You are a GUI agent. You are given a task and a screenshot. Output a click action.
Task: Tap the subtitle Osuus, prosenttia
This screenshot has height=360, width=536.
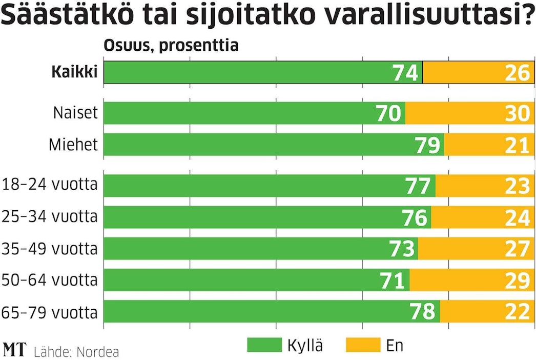click(x=171, y=45)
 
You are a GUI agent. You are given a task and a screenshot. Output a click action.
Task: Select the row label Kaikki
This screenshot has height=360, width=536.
click(x=74, y=72)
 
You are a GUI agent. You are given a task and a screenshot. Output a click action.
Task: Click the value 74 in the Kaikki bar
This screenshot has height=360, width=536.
click(x=405, y=73)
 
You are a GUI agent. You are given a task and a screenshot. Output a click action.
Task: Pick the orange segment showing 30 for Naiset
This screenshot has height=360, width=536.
click(x=470, y=113)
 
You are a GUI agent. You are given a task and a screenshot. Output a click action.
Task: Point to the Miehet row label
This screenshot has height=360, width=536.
click(x=73, y=145)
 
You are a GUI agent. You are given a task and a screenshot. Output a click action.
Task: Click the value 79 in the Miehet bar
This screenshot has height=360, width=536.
click(x=427, y=145)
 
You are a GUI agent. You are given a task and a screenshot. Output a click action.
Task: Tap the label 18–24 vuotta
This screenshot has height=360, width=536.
click(x=50, y=184)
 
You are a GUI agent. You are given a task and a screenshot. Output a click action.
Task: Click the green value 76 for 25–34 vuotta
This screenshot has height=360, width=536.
click(x=414, y=217)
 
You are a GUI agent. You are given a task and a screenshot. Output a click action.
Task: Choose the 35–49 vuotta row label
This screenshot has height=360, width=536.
click(x=50, y=249)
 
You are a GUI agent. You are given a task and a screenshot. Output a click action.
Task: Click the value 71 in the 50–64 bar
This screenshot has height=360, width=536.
click(x=394, y=281)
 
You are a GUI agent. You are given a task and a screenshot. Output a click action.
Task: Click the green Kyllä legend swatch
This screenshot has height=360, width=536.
click(x=264, y=346)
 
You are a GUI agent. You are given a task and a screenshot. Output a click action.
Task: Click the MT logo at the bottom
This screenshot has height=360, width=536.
click(x=14, y=350)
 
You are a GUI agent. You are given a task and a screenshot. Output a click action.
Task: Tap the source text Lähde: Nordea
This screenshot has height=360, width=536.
click(x=76, y=352)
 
